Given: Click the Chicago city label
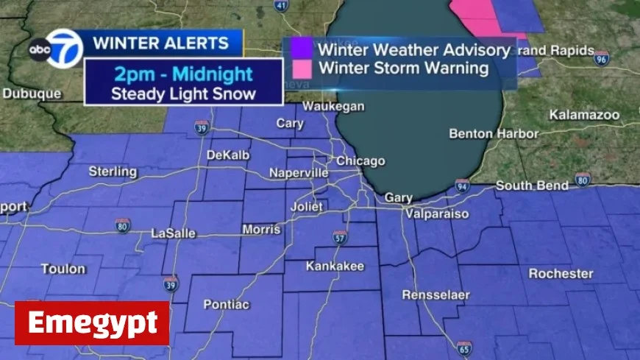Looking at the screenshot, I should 360,161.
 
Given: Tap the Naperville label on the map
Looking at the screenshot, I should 298,172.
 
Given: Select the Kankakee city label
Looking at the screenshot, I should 335,266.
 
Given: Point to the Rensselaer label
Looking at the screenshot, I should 435,295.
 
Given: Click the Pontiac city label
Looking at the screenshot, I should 225,304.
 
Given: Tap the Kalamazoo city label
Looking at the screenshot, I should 584,115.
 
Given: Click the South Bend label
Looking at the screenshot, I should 532,186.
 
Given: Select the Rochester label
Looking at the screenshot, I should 561,274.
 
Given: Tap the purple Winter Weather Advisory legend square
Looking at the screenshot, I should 302,49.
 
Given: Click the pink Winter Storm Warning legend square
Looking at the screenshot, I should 302,68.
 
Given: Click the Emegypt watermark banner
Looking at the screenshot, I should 92,323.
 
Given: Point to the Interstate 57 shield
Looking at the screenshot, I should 339,237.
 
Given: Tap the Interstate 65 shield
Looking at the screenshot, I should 463,347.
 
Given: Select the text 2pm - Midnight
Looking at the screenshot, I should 183,74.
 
